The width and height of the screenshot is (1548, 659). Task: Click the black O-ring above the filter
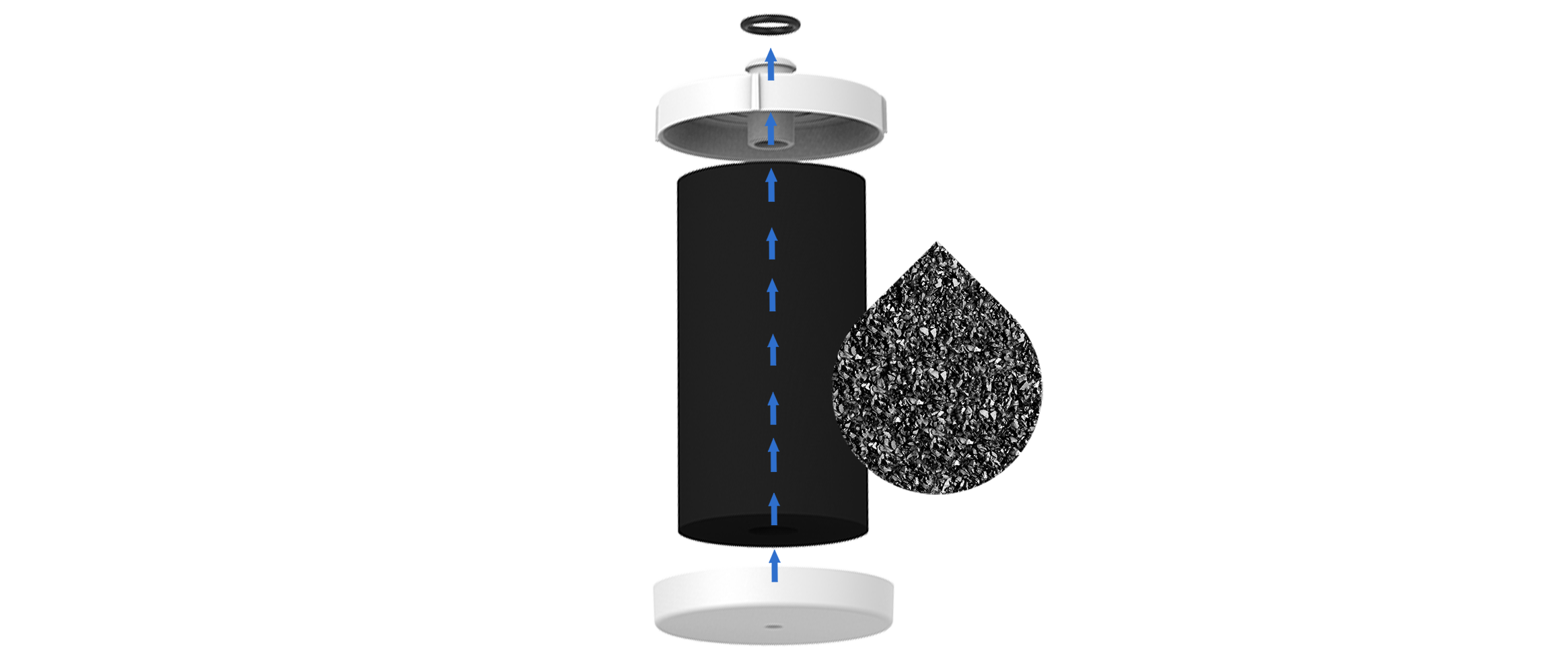tap(770, 25)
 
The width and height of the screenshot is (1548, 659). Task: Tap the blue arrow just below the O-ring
tap(771, 65)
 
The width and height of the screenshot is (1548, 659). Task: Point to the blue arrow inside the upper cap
tap(771, 130)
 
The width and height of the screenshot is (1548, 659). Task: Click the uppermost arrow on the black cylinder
tap(772, 186)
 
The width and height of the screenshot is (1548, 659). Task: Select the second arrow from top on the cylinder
tap(772, 243)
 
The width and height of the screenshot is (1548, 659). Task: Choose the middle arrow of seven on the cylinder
tap(773, 350)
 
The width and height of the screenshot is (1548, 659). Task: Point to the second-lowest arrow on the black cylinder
tap(774, 455)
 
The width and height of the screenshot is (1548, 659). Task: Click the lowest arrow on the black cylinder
tap(774, 508)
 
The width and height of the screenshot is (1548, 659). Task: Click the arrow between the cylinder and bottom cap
tap(775, 566)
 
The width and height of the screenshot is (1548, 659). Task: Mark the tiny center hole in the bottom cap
tap(773, 626)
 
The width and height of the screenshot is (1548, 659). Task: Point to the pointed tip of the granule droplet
tap(936, 243)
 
